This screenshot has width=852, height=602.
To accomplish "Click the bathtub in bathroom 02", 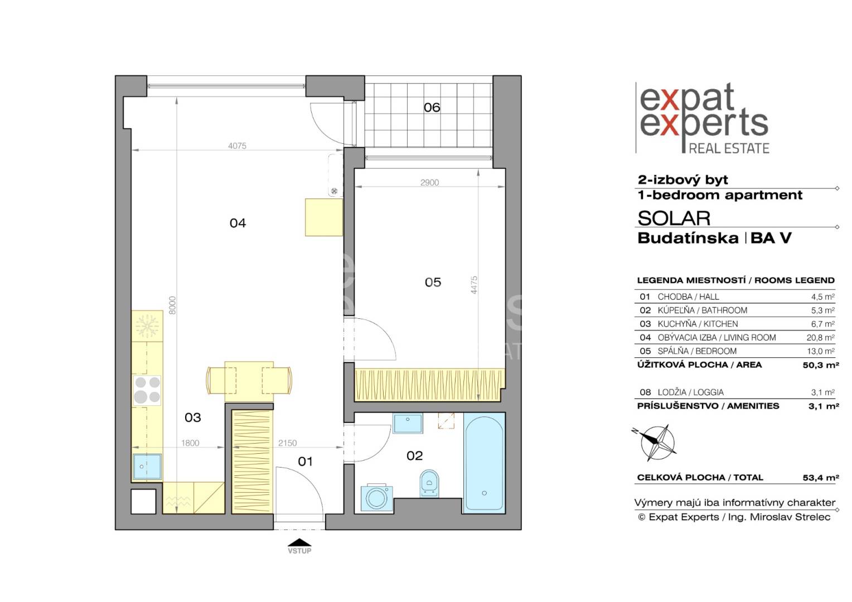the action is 484,463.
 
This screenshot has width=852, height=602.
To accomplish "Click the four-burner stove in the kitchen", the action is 147,390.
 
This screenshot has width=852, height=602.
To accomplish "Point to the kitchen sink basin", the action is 147,466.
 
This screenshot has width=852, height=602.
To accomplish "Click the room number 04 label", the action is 238,223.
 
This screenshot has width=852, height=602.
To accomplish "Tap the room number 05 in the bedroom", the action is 433,282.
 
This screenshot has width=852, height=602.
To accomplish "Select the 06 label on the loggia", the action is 432,108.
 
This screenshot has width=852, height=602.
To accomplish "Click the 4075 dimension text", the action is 237,145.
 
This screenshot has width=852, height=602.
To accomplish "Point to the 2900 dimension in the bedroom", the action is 429,182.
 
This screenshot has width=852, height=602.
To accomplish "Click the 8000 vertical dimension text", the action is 172,305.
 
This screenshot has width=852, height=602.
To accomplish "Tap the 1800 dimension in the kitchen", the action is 190,443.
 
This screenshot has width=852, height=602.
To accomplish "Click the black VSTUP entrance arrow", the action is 299,542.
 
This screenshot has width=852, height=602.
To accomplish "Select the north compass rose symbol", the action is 657,442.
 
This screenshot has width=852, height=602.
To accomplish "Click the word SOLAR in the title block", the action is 674,219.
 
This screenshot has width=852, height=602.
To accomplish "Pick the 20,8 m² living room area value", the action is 820,337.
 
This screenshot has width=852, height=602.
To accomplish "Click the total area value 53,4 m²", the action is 821,478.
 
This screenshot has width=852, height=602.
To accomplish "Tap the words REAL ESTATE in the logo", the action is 729,148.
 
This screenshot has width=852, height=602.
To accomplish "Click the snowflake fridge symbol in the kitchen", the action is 147,326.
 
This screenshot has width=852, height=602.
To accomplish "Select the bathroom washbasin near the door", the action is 408,423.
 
